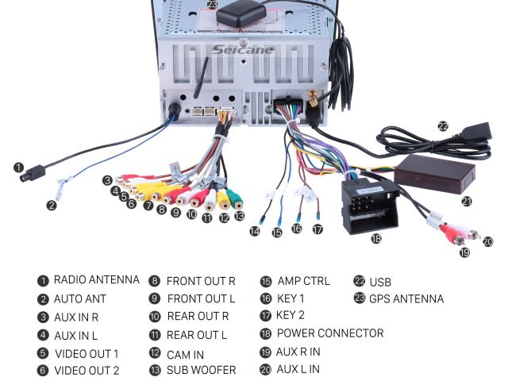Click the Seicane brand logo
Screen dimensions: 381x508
[243, 49]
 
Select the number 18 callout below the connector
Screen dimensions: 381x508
[376, 238]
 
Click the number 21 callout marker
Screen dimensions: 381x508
[466, 202]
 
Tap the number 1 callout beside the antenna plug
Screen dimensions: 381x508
[17, 167]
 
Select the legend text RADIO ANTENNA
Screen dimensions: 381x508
[96, 280]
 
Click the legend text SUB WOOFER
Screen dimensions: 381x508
[201, 370]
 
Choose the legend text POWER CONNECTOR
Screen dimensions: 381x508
[330, 333]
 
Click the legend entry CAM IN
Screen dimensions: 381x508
[185, 353]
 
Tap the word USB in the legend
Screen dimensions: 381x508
[380, 282]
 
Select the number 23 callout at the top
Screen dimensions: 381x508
[212, 4]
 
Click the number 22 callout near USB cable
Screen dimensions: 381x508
[442, 125]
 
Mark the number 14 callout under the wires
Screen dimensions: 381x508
[254, 231]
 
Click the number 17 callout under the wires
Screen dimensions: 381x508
[317, 229]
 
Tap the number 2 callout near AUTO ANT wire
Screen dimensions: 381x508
[52, 205]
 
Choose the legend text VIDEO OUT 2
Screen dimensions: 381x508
[87, 371]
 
